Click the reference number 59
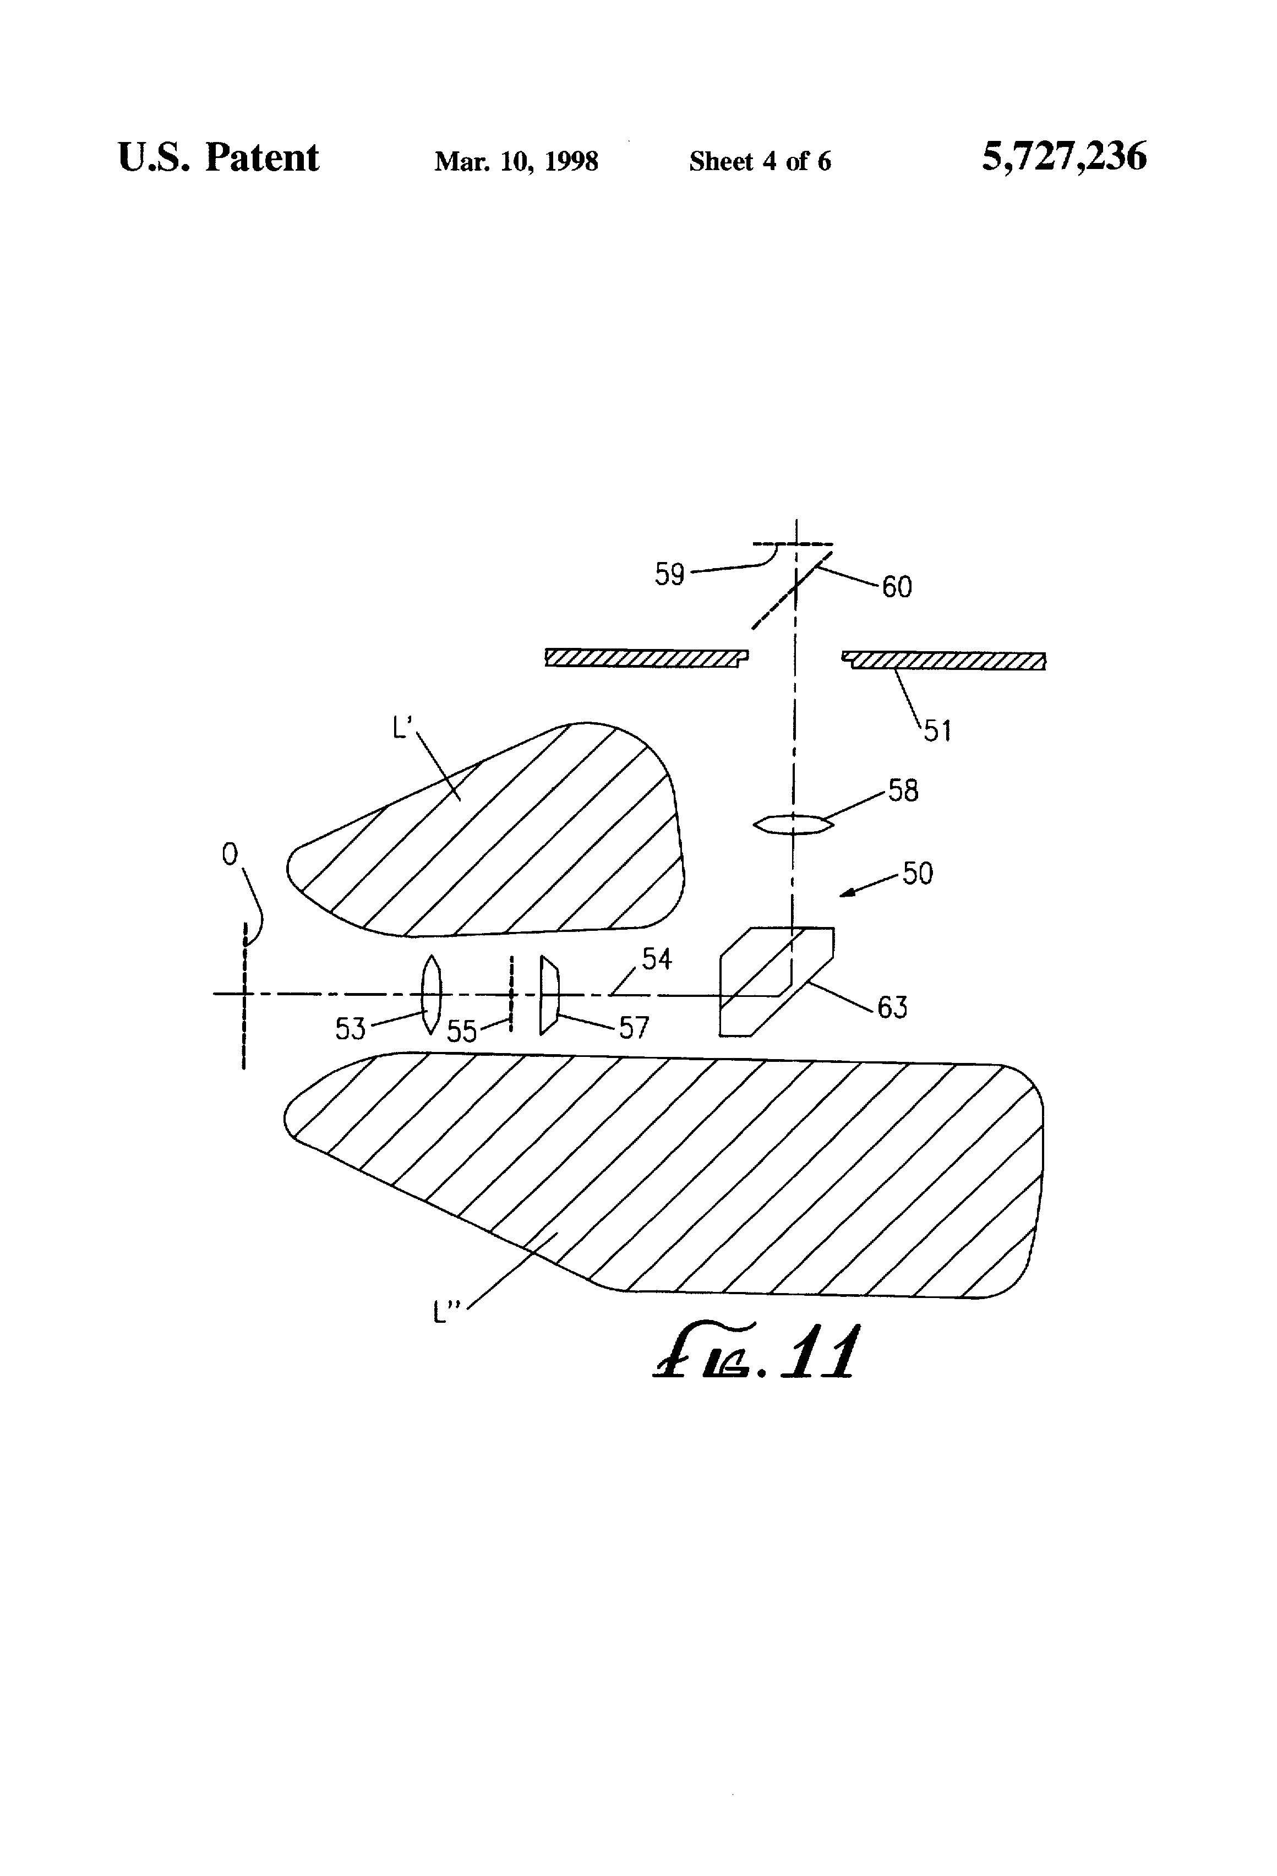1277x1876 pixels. click(x=669, y=575)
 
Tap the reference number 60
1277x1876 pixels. click(x=897, y=587)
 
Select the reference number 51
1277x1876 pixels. click(x=937, y=732)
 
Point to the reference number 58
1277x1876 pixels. click(x=903, y=790)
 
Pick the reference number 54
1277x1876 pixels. click(x=656, y=959)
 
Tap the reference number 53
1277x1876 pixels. click(x=350, y=1028)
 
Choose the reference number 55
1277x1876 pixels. click(x=462, y=1032)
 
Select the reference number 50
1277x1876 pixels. click(x=918, y=874)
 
